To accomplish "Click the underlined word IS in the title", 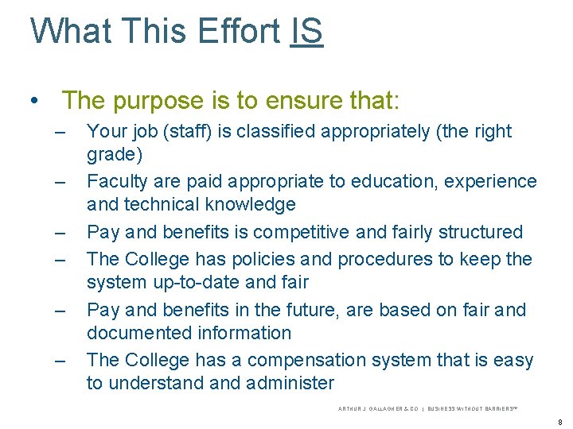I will click(x=306, y=31).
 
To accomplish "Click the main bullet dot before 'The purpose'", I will click(x=33, y=102).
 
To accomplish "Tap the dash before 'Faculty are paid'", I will click(x=60, y=182).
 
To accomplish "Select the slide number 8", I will click(x=559, y=422).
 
